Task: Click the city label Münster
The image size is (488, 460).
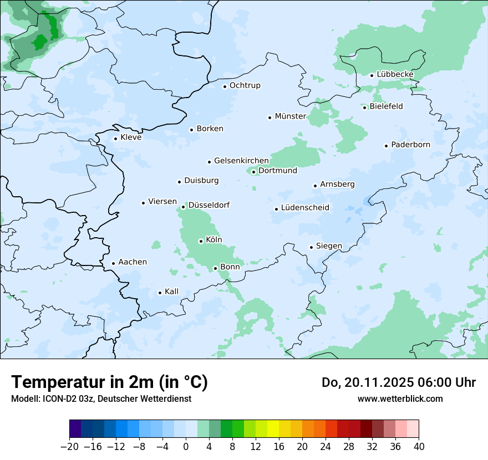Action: click(x=290, y=116)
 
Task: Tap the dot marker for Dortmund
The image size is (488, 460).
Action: click(x=253, y=172)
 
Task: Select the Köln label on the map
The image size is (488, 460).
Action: click(x=213, y=240)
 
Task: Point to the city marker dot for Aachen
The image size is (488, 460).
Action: click(x=113, y=264)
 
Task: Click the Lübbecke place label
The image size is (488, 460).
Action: click(x=395, y=74)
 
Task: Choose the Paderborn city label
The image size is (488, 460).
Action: click(x=410, y=145)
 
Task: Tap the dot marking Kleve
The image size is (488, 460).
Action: click(x=115, y=139)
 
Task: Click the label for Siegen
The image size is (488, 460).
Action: click(x=329, y=246)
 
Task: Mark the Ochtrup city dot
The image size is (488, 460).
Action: click(x=225, y=86)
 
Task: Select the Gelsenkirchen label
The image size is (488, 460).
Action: click(x=241, y=161)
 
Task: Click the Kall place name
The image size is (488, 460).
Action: click(x=171, y=292)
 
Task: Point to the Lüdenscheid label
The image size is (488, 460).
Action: click(x=305, y=208)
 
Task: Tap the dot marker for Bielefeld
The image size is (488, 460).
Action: click(x=364, y=108)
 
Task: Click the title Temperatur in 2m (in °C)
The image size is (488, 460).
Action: click(x=109, y=382)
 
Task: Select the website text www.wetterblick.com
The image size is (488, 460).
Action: click(x=400, y=398)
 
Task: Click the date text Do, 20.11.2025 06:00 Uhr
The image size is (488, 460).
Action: click(x=398, y=382)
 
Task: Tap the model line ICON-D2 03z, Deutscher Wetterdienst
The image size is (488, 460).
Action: click(x=101, y=399)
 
